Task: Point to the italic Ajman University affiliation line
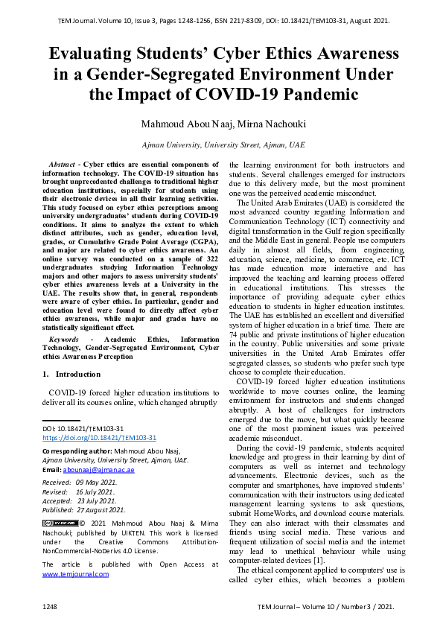(x=223, y=145)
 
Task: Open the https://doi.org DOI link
(x=99, y=438)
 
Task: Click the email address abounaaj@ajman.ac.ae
(x=98, y=470)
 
